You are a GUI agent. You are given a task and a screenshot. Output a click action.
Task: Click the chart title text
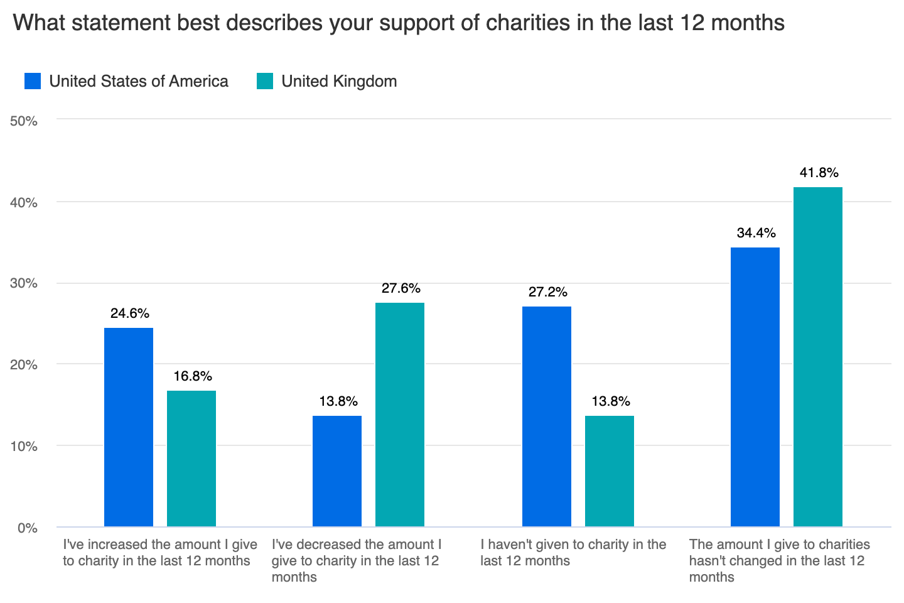tap(398, 23)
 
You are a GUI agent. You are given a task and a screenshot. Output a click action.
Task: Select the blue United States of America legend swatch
tap(33, 81)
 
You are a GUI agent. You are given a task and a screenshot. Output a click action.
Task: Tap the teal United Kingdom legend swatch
tap(265, 81)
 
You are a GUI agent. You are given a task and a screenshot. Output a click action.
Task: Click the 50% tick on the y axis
tap(24, 121)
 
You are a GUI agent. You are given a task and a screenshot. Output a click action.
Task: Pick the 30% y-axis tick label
tap(24, 284)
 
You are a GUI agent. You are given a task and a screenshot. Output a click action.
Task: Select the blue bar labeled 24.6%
tap(129, 427)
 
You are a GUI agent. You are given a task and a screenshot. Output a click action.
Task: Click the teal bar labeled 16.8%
tap(191, 459)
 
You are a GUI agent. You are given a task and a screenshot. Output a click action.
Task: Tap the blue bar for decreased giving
tap(337, 471)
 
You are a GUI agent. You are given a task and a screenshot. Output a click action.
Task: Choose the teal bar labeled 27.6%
tap(400, 415)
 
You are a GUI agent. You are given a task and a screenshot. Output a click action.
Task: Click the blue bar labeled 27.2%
tap(547, 416)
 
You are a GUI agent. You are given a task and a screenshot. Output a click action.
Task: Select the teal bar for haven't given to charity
tap(610, 471)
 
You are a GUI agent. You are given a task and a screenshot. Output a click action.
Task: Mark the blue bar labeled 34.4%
tap(755, 387)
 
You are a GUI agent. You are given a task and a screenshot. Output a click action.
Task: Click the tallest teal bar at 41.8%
tap(818, 357)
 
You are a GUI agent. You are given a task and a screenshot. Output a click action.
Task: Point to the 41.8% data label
tap(819, 173)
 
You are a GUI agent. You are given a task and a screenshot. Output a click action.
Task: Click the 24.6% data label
tap(129, 313)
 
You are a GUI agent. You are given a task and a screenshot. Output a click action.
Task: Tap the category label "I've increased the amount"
tap(159, 553)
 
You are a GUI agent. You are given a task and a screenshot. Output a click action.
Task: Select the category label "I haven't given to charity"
tap(573, 553)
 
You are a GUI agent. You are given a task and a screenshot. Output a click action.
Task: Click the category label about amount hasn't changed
tap(779, 560)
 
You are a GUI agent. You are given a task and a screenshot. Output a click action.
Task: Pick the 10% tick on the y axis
tap(24, 447)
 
